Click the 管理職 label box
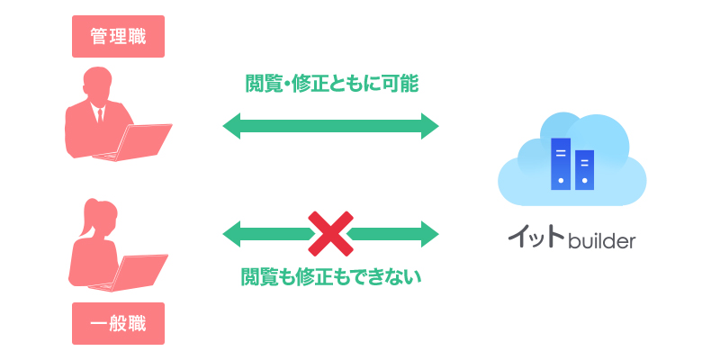(118, 37)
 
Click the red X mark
(330, 234)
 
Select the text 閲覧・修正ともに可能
(331, 84)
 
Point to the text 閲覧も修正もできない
(331, 275)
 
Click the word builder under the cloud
(602, 241)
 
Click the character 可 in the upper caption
(382, 84)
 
